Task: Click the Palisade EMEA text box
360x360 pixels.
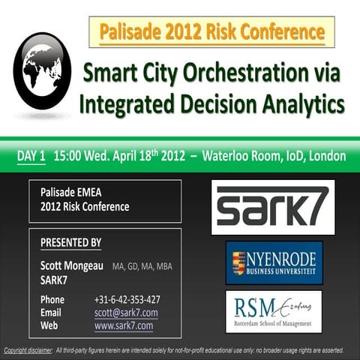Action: point(105,200)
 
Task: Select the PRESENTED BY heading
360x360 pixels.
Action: point(70,243)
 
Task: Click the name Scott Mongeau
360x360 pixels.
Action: point(72,265)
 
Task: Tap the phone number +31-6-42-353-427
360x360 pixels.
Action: point(127,299)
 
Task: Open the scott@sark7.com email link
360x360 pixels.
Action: point(126,312)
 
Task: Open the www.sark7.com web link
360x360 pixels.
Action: point(124,325)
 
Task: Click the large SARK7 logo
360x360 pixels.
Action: point(273,207)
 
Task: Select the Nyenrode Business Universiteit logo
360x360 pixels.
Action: point(274,262)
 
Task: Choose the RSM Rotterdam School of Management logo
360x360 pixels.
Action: point(274,310)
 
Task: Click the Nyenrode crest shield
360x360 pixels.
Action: point(238,262)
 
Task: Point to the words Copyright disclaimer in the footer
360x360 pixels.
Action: point(28,350)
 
